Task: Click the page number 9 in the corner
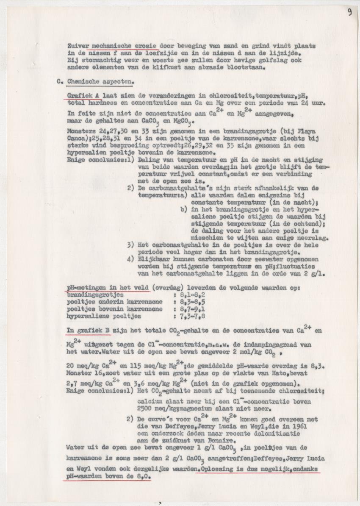[350, 12]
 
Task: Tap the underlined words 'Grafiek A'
[83, 96]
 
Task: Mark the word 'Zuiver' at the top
[78, 46]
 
